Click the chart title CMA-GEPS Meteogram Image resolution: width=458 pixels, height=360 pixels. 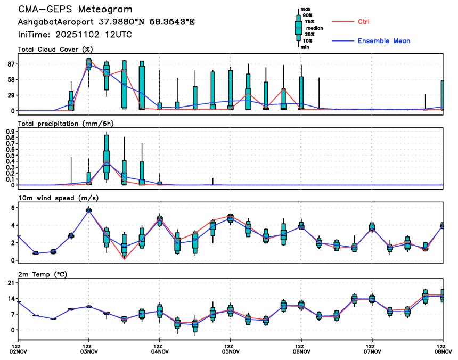pyautogui.click(x=75, y=10)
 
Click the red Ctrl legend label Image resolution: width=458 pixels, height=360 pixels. pyautogui.click(x=364, y=22)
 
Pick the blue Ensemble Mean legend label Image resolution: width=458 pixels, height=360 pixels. pyautogui.click(x=383, y=41)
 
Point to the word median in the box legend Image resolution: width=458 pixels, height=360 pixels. pyautogui.click(x=314, y=28)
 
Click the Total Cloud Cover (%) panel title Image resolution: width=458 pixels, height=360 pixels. pyautogui.click(x=55, y=50)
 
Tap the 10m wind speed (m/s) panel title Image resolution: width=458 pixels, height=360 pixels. pyautogui.click(x=59, y=198)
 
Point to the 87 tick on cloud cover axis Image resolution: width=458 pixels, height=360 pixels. pyautogui.click(x=11, y=64)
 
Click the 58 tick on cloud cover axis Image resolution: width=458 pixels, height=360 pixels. pyautogui.click(x=11, y=80)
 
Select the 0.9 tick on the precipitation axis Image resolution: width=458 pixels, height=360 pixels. pyautogui.click(x=10, y=130)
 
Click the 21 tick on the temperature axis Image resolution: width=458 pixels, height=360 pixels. pyautogui.click(x=11, y=284)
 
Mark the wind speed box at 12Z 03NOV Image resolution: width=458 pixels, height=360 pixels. pyautogui.click(x=89, y=210)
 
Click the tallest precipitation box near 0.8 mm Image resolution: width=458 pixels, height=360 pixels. pyautogui.click(x=107, y=153)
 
